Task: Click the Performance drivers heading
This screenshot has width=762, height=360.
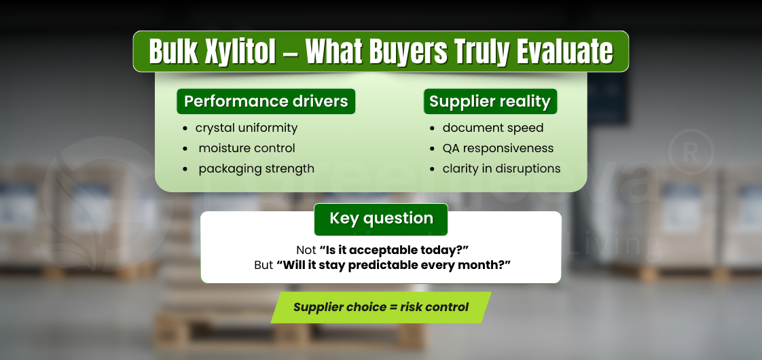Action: coord(266,102)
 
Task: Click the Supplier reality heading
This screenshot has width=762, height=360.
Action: coord(490,102)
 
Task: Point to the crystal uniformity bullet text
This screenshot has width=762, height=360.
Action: coord(247,128)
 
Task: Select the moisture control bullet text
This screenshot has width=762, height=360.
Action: coord(247,148)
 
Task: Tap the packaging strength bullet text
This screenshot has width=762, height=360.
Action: coord(256,168)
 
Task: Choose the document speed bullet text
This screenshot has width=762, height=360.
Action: coord(492,128)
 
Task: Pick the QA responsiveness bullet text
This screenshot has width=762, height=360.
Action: coord(498,148)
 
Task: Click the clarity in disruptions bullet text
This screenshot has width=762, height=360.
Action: coord(501,168)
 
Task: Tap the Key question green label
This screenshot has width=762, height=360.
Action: coord(381,219)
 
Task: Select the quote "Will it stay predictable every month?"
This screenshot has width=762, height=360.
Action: coord(393,265)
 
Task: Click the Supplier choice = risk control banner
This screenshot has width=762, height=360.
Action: coord(380,307)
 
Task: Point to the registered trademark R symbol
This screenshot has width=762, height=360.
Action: coord(690,150)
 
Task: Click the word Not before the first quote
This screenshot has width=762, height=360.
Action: coord(306,250)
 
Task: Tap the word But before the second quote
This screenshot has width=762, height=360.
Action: coord(264,265)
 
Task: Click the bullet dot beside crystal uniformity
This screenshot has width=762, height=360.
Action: coord(185,128)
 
